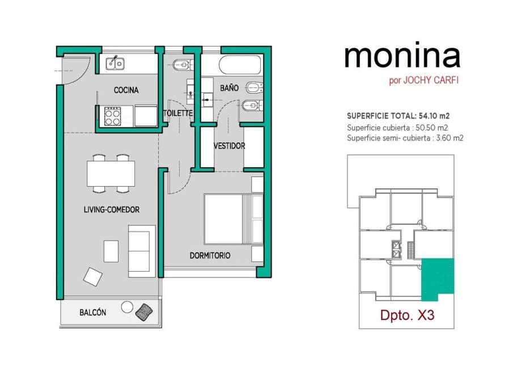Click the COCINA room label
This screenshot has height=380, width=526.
(x=126, y=90)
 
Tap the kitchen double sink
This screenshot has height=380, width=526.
(x=115, y=63)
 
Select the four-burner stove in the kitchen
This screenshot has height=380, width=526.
(x=112, y=116)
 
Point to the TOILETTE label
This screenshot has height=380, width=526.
(x=178, y=113)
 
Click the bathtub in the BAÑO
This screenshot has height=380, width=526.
(x=240, y=65)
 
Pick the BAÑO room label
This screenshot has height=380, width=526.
(x=229, y=88)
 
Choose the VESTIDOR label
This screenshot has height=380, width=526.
(x=230, y=146)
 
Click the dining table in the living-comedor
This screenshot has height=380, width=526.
(x=111, y=173)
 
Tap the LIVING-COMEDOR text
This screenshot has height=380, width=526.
(x=111, y=209)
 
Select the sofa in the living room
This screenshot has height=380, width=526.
(x=142, y=251)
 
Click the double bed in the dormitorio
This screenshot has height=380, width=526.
(x=234, y=219)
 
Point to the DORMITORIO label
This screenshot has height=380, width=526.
(x=210, y=255)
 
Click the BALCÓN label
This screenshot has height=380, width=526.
(x=92, y=313)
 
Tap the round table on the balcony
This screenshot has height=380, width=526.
(x=127, y=307)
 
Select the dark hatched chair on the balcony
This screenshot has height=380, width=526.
(x=144, y=312)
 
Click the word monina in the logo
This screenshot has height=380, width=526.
(x=402, y=56)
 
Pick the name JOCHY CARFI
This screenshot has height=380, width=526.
(x=431, y=81)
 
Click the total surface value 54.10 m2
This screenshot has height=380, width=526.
(x=434, y=116)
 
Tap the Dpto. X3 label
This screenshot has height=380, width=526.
(x=407, y=315)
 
